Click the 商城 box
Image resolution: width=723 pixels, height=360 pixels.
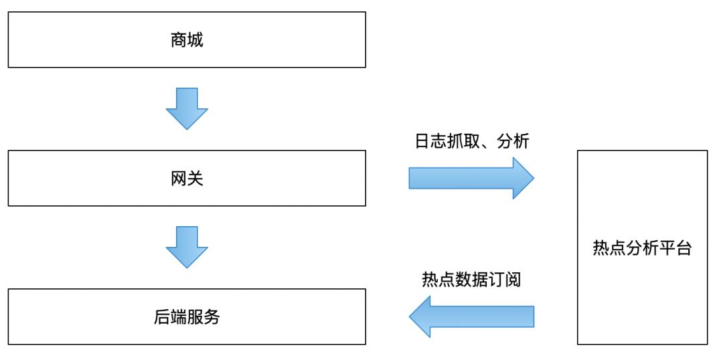pos(187,39)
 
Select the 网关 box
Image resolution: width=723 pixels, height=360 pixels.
pos(187,178)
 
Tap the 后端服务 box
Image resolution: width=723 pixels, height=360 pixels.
pos(187,317)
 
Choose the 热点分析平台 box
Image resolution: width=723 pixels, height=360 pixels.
pos(642,248)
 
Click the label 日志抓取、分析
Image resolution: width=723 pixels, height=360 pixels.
pos(472,142)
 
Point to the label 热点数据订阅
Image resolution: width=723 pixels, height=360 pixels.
pos(471,280)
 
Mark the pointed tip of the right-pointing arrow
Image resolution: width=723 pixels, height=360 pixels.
pos(533,178)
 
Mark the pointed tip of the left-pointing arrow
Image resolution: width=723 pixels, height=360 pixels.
pos(410,317)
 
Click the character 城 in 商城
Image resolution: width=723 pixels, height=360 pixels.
pos(195,40)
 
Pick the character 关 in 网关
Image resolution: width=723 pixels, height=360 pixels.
pos(195,179)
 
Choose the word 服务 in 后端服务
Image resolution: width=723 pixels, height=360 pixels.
pos(204,317)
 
